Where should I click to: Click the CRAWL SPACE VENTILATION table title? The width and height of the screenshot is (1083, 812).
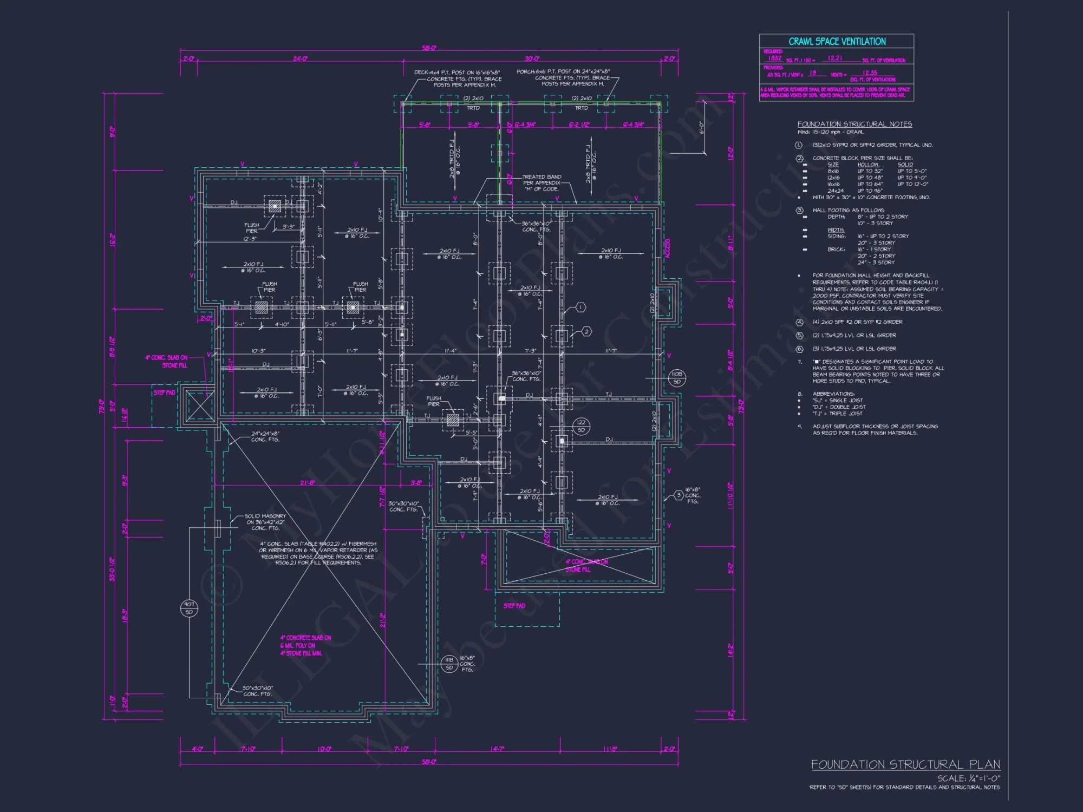point(837,42)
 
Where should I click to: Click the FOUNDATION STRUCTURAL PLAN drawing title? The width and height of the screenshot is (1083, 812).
point(905,764)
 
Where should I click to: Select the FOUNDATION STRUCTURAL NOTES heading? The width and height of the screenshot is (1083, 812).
point(854,124)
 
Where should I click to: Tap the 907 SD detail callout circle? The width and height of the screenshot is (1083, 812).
point(189,608)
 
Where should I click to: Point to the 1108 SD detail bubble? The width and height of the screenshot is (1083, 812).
point(677,378)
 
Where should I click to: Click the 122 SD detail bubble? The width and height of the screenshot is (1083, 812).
point(581,426)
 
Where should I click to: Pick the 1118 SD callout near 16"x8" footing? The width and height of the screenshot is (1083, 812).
point(449,664)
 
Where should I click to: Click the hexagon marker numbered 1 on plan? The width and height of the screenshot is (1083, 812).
point(580,307)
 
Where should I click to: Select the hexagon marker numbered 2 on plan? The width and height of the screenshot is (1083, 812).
point(586,332)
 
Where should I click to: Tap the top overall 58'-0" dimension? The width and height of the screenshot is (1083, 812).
point(429,48)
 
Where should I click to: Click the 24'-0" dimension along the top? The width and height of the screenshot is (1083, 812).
point(300,58)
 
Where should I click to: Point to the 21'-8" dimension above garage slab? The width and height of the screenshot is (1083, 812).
point(307,482)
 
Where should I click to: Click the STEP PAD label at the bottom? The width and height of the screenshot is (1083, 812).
point(514,606)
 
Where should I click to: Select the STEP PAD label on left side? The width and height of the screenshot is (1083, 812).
point(164,392)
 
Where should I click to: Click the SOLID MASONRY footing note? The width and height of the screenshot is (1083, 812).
point(265,522)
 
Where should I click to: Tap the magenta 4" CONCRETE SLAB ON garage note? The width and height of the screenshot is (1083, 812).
point(305,645)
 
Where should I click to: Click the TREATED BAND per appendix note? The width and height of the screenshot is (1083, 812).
point(541,183)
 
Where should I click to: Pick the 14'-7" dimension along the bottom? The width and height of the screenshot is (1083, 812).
point(497,749)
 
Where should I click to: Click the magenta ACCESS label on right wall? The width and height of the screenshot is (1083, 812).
point(667,248)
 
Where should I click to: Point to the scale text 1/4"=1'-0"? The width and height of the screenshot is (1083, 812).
point(969,778)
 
